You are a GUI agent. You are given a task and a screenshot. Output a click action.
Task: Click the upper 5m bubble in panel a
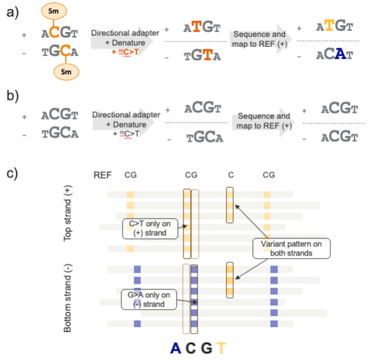click(x=54, y=11)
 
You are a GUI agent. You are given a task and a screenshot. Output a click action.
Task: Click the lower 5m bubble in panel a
click(x=66, y=72)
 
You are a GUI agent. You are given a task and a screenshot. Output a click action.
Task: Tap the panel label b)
click(x=13, y=96)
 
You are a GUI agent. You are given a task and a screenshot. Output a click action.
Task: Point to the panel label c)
click(x=12, y=173)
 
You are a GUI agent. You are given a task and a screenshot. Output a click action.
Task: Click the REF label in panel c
click(x=102, y=175)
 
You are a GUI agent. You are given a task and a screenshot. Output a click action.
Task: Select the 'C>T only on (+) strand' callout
click(x=150, y=228)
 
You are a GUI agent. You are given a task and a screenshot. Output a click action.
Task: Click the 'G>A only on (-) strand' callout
click(x=149, y=299)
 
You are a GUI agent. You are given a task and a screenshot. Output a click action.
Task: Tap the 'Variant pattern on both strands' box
click(x=291, y=248)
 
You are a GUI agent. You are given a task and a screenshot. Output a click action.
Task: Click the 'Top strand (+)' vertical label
click(x=67, y=213)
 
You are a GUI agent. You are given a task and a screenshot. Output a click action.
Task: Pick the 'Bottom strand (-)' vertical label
click(x=67, y=298)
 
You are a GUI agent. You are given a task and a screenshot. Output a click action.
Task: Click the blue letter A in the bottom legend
click(x=176, y=348)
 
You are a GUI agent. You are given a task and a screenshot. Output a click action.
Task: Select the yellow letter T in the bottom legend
click(x=221, y=348)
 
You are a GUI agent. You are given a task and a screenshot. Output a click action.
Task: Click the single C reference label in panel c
click(x=231, y=175)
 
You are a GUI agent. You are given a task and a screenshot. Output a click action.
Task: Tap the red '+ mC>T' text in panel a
click(x=125, y=52)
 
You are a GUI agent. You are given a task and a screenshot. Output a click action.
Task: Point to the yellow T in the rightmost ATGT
click(x=329, y=26)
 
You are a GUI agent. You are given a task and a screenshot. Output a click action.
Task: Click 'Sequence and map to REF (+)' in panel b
click(x=264, y=121)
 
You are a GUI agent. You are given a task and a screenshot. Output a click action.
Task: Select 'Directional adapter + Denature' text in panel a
click(x=125, y=38)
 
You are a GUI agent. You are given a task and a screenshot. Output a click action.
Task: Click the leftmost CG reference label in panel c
click(x=131, y=175)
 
